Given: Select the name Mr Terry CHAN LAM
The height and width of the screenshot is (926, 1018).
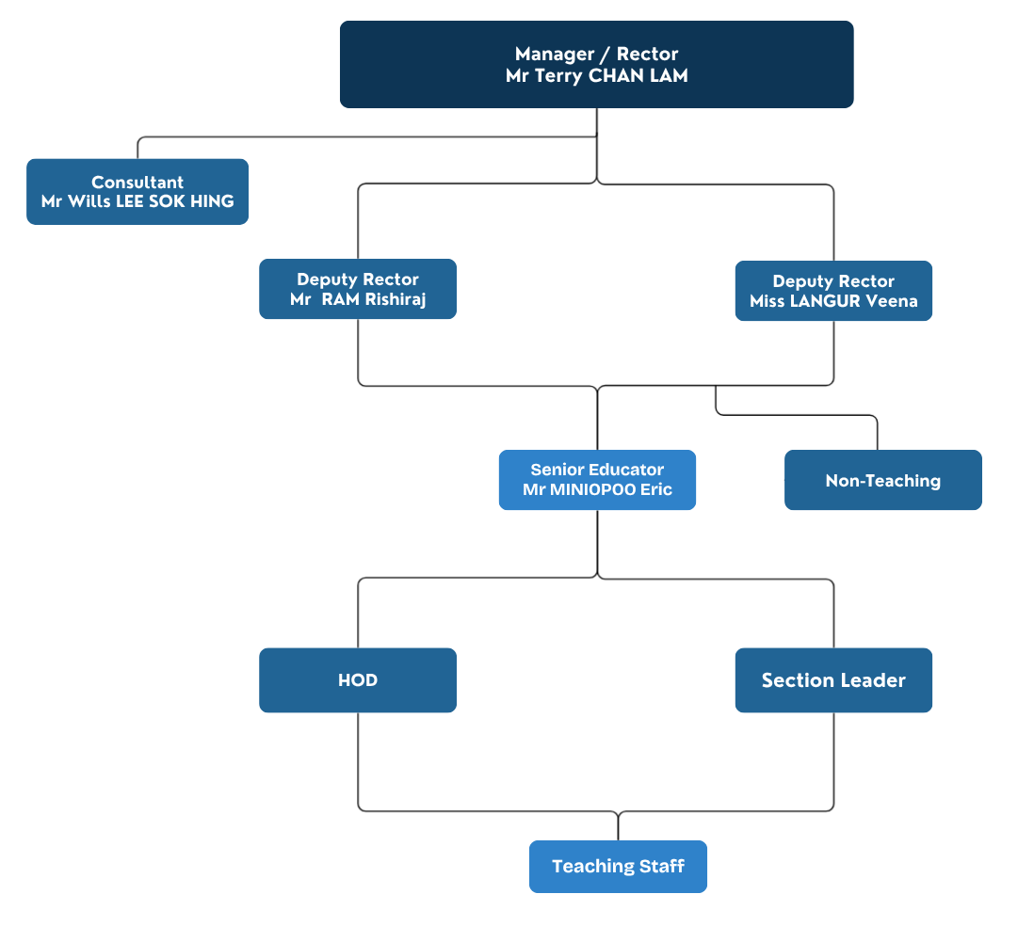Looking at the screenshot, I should [596, 76].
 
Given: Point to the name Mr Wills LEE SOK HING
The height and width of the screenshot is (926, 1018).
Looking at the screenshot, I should [137, 201].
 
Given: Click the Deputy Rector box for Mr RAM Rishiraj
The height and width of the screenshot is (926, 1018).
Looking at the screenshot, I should [358, 289].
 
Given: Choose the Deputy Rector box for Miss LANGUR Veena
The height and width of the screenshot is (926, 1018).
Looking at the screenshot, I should [833, 291].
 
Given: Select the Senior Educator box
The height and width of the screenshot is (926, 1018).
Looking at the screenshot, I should [597, 479].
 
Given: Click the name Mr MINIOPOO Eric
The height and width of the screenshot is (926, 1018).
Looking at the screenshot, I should [597, 489].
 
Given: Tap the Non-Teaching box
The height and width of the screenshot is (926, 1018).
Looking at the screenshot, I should [882, 480].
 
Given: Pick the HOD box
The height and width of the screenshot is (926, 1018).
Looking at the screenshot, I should [358, 679].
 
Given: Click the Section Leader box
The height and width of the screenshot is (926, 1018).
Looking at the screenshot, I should [833, 679].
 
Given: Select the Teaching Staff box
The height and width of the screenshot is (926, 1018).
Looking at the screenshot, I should [618, 866].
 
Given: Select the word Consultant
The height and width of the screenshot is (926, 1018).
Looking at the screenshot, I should [137, 183].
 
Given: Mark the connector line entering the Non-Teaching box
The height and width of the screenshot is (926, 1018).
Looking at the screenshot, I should [878, 435].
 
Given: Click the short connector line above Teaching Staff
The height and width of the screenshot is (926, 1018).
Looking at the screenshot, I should [618, 825].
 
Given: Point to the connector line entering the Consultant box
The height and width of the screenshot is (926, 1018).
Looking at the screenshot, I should [138, 149].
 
